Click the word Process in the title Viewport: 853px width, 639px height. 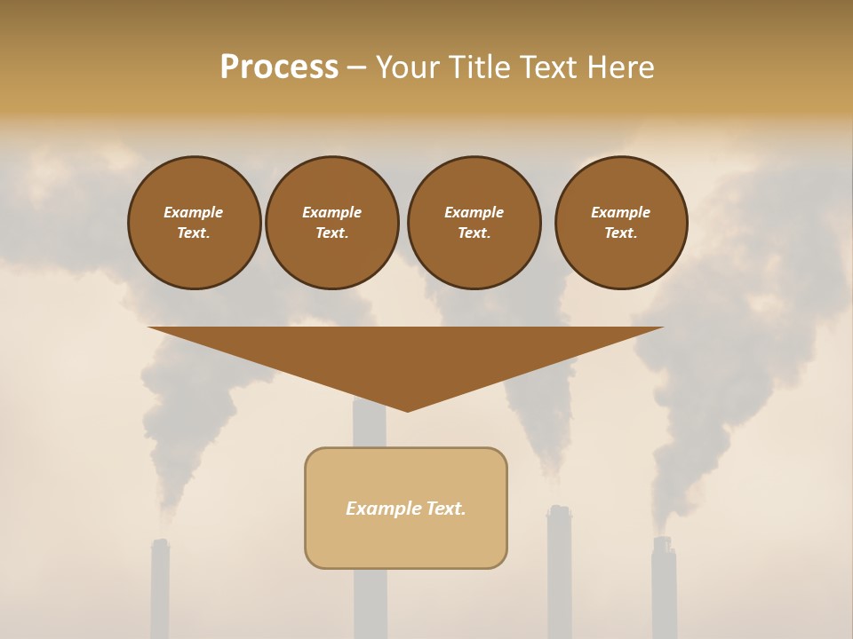(x=279, y=67)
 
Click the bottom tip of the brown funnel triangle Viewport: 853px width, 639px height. (x=407, y=409)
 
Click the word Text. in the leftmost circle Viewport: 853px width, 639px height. (x=194, y=233)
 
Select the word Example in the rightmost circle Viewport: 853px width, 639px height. (x=621, y=212)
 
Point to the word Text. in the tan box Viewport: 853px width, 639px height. (x=446, y=509)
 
